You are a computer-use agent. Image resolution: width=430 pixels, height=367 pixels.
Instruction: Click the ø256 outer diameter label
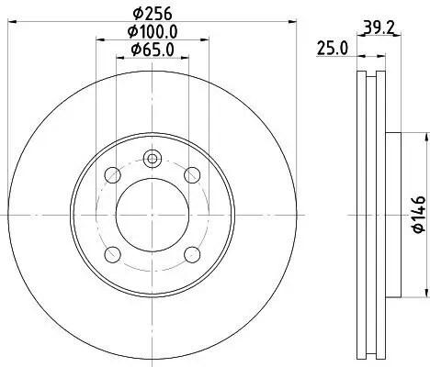152,13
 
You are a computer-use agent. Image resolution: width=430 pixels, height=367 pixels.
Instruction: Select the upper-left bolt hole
112,174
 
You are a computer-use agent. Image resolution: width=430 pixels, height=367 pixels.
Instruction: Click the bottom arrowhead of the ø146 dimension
424,294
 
